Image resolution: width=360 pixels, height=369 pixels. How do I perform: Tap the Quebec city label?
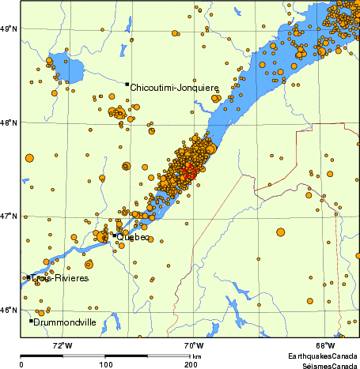click(x=134, y=238)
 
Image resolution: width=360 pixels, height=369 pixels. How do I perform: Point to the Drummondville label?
click(x=66, y=322)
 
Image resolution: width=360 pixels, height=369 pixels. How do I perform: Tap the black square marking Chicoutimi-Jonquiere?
click(x=127, y=84)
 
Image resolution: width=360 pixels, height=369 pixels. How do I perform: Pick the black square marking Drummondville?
click(x=31, y=321)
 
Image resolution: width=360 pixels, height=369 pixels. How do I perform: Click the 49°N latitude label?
click(x=9, y=28)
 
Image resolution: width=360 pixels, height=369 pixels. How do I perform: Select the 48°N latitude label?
click(x=9, y=122)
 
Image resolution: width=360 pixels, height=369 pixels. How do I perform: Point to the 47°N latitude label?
click(x=9, y=216)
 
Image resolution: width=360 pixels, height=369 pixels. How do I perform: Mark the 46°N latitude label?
click(x=9, y=310)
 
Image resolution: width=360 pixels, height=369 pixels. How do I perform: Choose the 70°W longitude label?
click(x=193, y=345)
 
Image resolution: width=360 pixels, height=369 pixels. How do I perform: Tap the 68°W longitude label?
click(x=324, y=345)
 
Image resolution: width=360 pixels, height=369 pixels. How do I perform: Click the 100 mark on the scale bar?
click(x=105, y=365)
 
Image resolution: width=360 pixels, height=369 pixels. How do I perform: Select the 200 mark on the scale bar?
click(x=191, y=365)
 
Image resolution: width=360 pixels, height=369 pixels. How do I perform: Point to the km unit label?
click(x=196, y=357)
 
